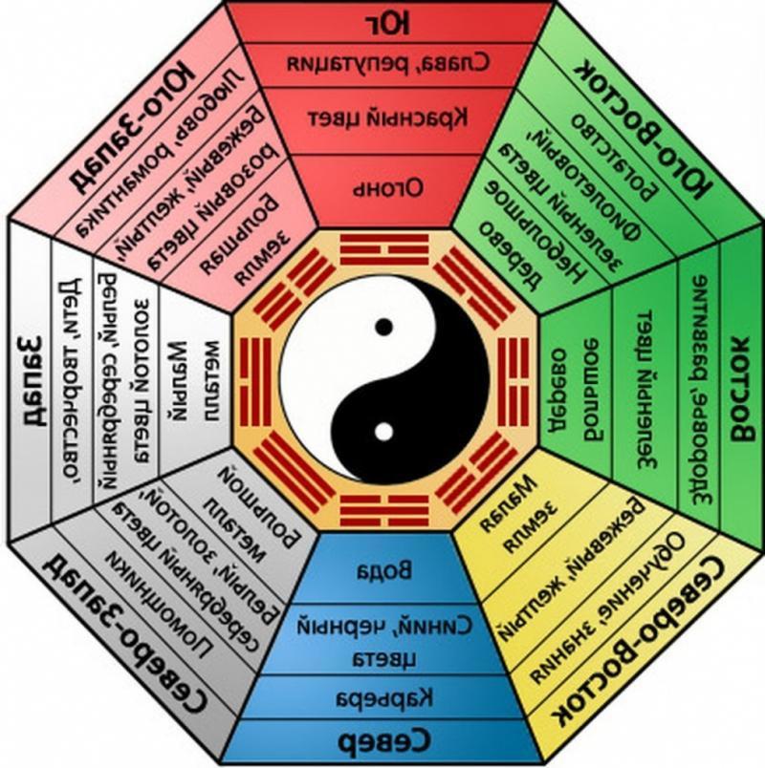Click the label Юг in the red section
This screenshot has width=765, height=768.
pos(382,21)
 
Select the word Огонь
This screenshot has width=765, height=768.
pos(382,183)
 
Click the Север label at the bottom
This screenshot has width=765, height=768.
pos(382,744)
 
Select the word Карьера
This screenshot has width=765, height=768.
pos(382,695)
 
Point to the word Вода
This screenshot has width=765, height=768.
pos(382,571)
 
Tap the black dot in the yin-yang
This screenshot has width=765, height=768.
pos(383,327)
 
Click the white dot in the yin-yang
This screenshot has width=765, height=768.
pos(383,431)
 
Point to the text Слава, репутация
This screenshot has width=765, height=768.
pos(382,65)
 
